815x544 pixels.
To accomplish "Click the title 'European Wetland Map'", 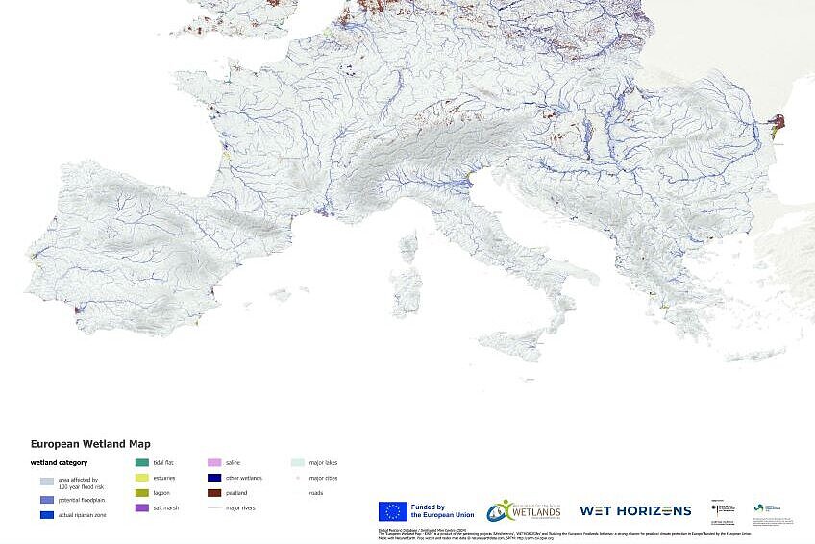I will (x=90, y=444).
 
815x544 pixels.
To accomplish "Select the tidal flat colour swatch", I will (x=141, y=462).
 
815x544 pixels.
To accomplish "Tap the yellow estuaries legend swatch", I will (x=141, y=478).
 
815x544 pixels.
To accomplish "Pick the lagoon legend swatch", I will (x=141, y=492).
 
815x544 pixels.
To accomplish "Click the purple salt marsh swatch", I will (x=141, y=507).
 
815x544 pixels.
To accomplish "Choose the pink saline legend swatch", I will (x=214, y=462).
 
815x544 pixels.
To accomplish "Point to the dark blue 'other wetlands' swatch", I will (x=214, y=478).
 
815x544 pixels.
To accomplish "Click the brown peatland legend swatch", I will (x=214, y=492).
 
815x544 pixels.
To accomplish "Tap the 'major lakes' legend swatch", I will (x=298, y=462).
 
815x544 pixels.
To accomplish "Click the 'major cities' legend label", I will (x=323, y=478).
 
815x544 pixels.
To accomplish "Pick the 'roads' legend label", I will (x=316, y=492).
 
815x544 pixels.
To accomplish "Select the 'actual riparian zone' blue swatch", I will (x=47, y=515).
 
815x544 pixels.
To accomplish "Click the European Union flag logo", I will (x=392, y=511).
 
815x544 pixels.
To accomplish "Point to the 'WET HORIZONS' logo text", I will (x=634, y=510).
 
